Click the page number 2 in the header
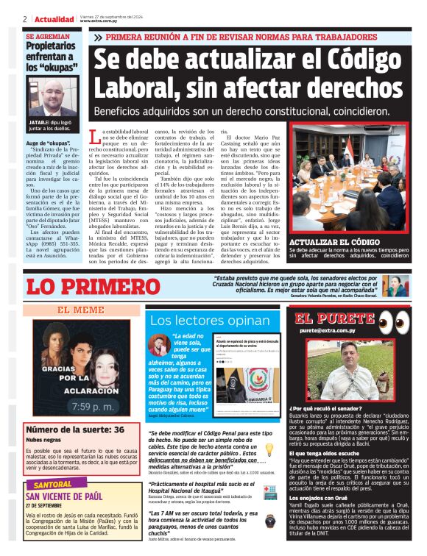(x=25, y=18)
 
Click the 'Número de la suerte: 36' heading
(x=75, y=430)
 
